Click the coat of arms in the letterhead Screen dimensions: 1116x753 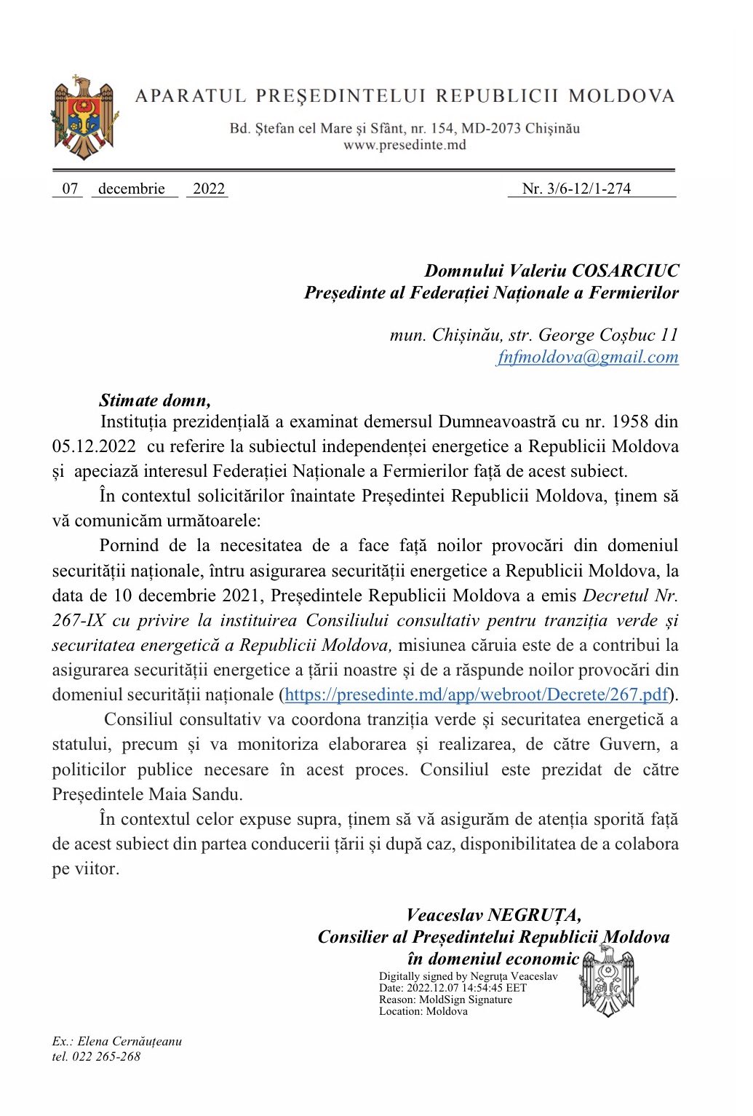point(84,118)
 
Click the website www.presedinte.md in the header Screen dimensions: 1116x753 point(405,145)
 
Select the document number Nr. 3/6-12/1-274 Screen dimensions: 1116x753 point(576,189)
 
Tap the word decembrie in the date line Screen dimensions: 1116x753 point(132,189)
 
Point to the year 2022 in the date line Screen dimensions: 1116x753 point(209,189)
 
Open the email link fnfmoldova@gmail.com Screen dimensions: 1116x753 point(588,357)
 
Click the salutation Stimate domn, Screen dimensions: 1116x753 point(155,400)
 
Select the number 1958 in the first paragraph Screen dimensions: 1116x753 point(630,422)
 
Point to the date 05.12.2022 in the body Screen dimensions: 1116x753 point(94,446)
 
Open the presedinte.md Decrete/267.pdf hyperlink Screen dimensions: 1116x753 point(476,694)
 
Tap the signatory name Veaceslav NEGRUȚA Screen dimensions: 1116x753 point(493,915)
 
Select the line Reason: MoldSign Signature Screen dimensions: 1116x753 point(445,1000)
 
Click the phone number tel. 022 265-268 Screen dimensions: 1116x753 point(96,1056)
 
